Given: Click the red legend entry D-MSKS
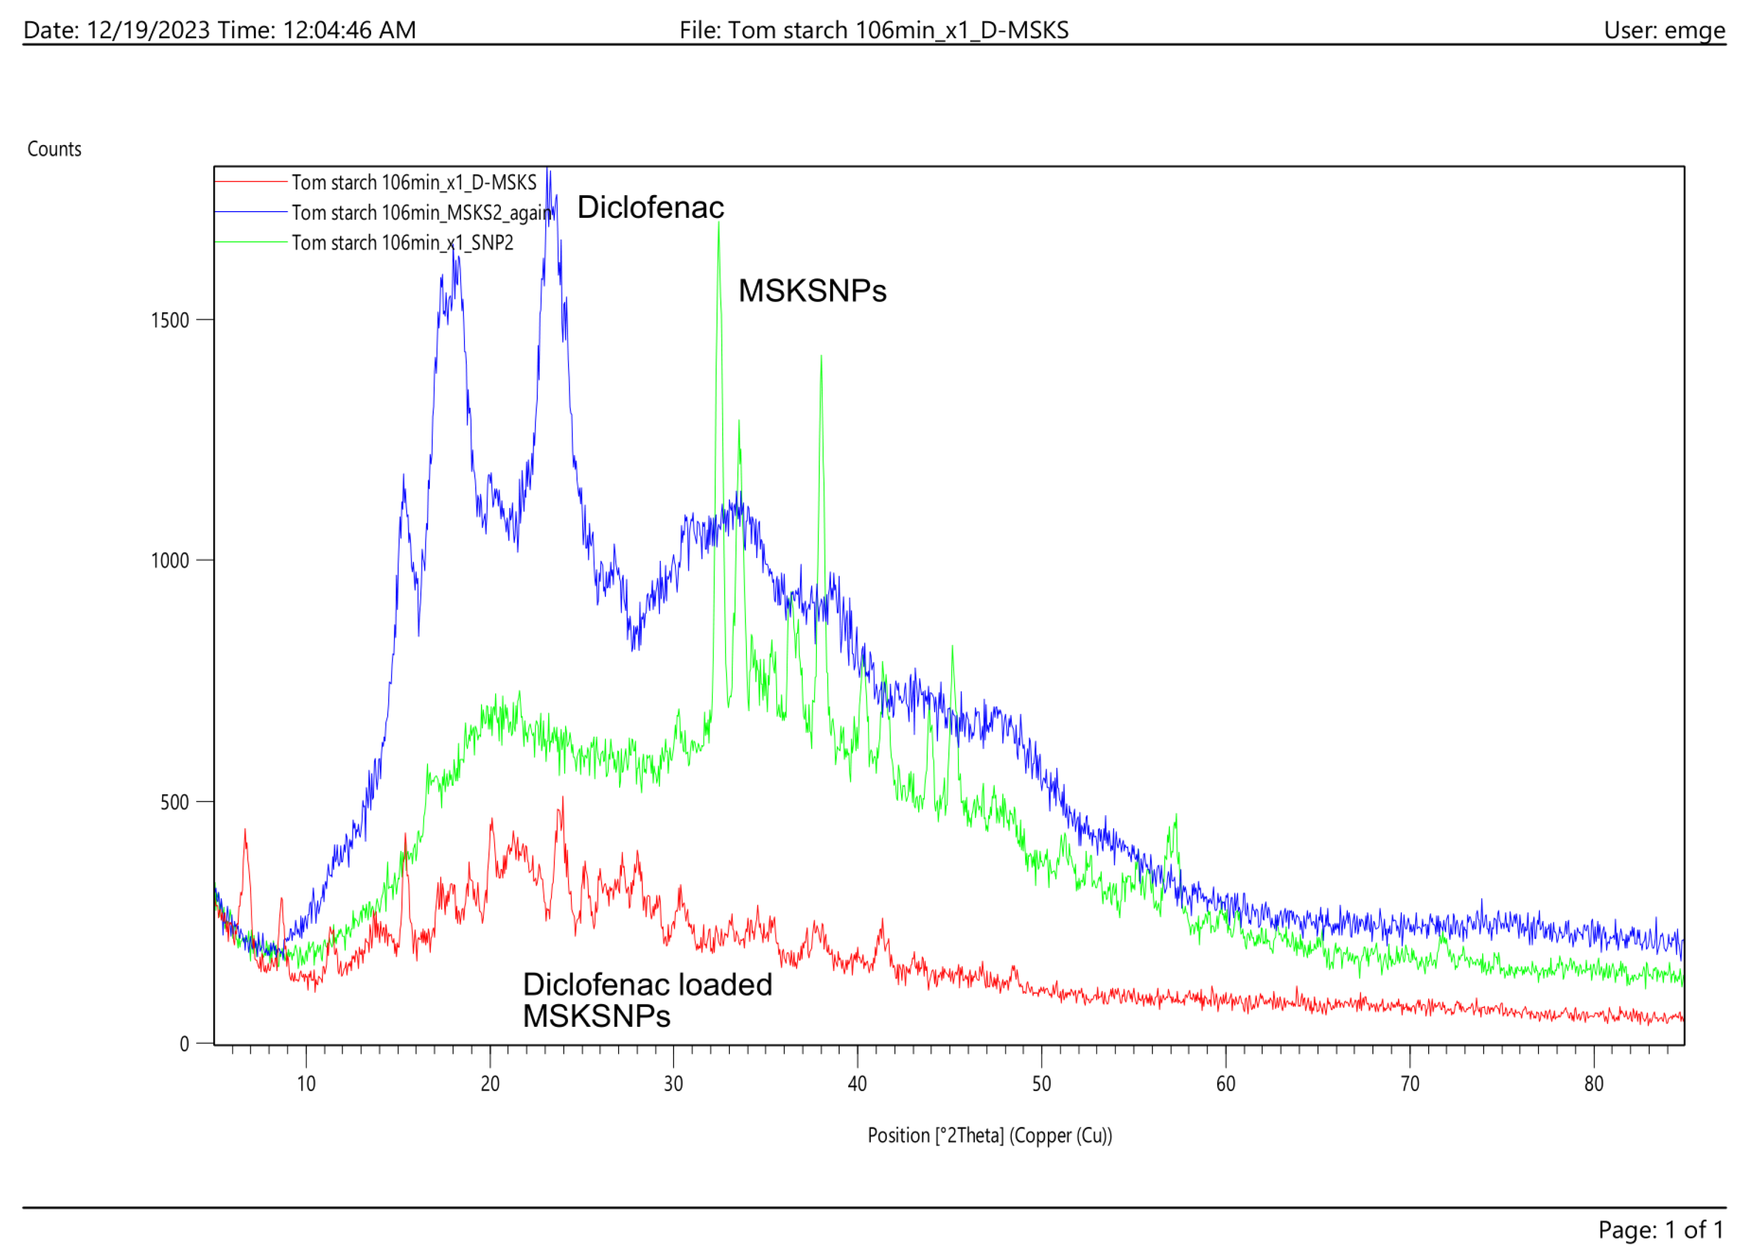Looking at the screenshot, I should [x=413, y=183].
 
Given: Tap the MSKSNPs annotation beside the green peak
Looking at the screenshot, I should [x=812, y=291].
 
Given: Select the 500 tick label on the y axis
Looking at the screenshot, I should [x=175, y=803].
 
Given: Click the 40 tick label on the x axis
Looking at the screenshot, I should [x=857, y=1084].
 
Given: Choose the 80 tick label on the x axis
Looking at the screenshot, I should [x=1594, y=1084].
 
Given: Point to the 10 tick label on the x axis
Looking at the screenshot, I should [x=306, y=1084].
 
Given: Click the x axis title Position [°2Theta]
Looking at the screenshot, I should [x=989, y=1135].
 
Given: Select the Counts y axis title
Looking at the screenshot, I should [x=54, y=149].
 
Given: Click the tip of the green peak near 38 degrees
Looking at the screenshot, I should [x=821, y=357].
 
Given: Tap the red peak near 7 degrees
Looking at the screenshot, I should [x=246, y=831].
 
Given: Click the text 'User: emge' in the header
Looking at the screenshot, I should [x=1664, y=30].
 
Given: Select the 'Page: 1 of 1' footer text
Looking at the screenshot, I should [x=1660, y=1229].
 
